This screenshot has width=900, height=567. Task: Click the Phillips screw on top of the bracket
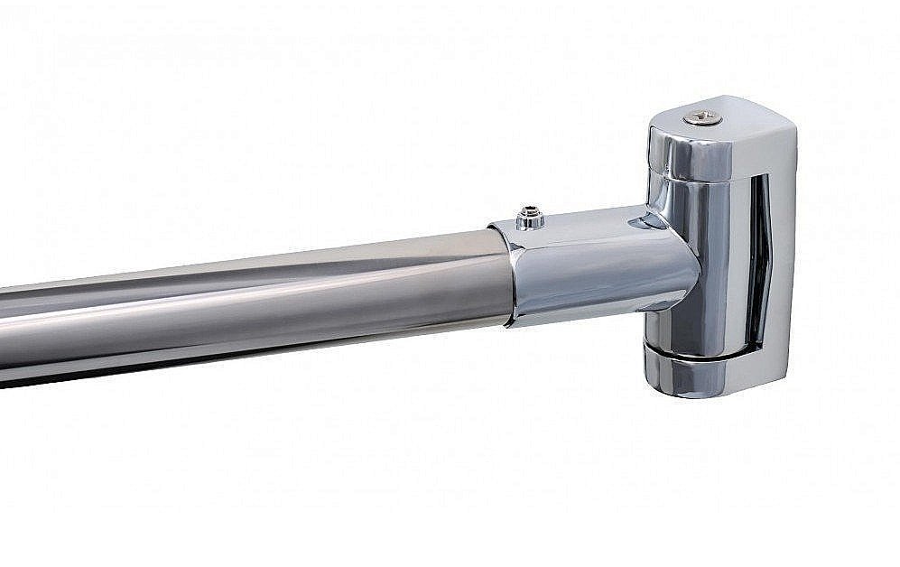click(x=701, y=117)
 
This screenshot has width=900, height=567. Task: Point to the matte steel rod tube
click(x=271, y=298)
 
